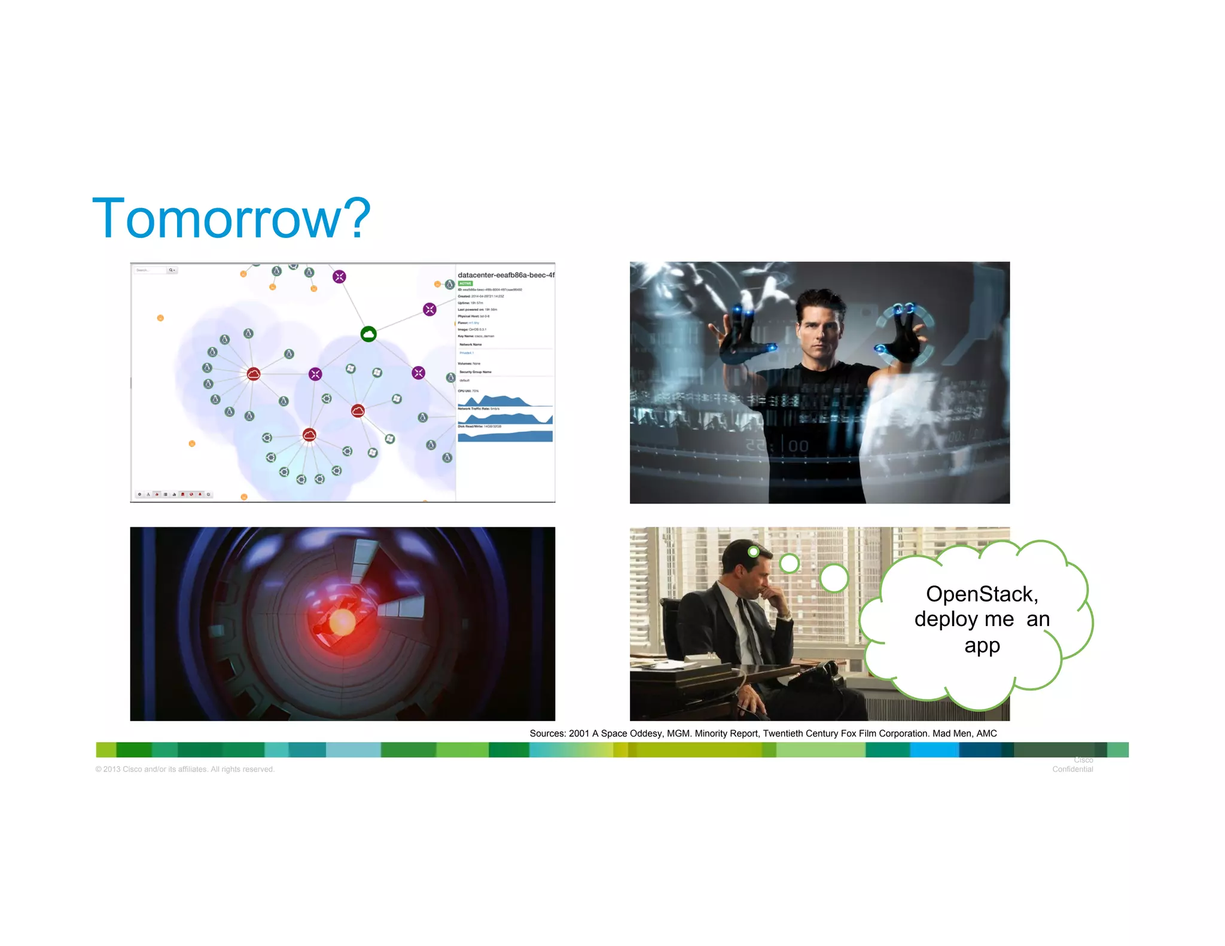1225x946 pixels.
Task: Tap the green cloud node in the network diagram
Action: [368, 334]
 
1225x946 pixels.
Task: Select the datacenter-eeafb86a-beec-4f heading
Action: [505, 275]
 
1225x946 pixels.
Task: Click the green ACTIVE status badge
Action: [465, 283]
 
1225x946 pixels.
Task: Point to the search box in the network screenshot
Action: [150, 270]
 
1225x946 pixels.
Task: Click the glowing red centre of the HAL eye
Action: [342, 622]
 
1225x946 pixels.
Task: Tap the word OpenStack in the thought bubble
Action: [982, 594]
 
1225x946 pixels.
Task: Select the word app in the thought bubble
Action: [982, 645]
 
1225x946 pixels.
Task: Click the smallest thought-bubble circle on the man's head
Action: [754, 551]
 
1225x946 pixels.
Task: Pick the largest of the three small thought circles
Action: [834, 578]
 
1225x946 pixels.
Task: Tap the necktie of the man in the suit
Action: [748, 628]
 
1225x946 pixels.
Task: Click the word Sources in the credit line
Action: [547, 733]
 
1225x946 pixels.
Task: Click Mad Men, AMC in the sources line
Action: [964, 733]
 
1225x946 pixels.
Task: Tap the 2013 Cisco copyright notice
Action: [185, 769]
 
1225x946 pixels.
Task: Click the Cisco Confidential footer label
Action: [1073, 765]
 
